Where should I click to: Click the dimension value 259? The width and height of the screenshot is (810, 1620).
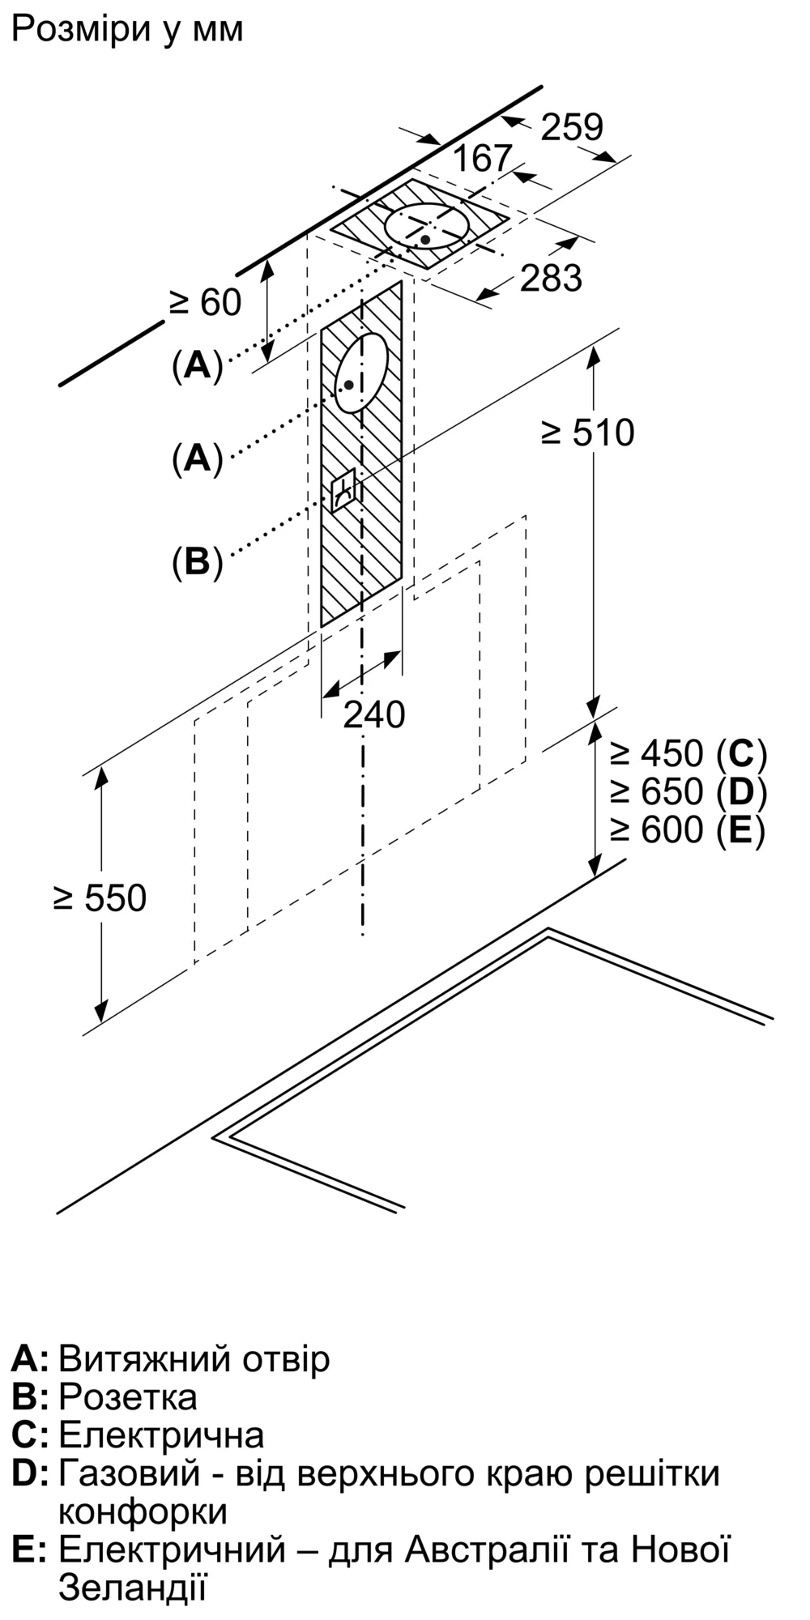click(x=572, y=127)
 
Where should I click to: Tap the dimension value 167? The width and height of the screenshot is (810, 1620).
click(x=482, y=158)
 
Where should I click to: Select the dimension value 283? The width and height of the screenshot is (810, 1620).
click(x=551, y=278)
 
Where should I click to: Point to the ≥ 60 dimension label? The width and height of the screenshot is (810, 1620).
click(x=205, y=302)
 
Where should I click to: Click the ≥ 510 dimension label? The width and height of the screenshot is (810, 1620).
click(x=588, y=433)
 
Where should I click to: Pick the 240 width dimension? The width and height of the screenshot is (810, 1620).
click(x=373, y=714)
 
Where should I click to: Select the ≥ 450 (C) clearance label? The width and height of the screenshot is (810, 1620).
click(x=688, y=753)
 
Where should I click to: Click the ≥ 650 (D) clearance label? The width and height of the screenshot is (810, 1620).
click(x=688, y=791)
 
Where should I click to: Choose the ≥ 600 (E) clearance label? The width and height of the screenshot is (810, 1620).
click(x=688, y=829)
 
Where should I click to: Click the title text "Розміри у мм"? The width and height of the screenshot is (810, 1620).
click(x=127, y=30)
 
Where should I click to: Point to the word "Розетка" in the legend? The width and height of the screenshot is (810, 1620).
click(x=128, y=1397)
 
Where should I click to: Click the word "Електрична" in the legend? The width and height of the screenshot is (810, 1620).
click(x=161, y=1435)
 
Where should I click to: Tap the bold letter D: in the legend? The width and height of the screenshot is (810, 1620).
click(x=30, y=1473)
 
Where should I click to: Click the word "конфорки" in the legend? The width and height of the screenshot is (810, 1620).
click(x=143, y=1511)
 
